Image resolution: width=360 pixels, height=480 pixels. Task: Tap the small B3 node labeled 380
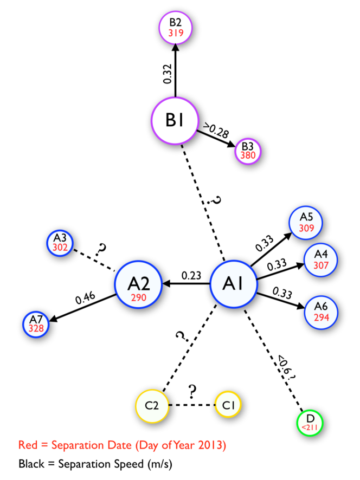248,150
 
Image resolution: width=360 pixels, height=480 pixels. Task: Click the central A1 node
234,283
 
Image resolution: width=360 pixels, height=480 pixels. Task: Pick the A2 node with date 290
138,284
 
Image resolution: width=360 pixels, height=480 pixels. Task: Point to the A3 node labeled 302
60,242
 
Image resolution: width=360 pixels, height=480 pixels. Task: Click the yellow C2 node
152,405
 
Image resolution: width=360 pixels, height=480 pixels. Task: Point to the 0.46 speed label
85,297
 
